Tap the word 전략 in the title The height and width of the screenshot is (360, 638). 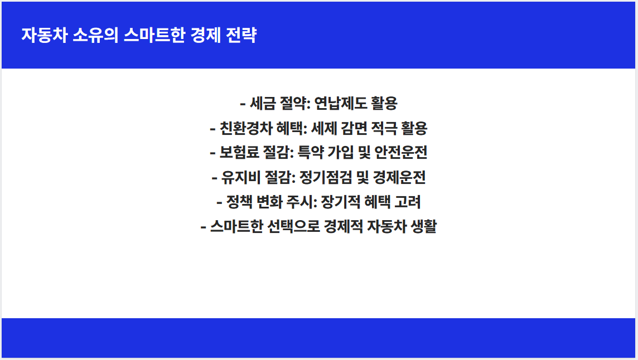pyautogui.click(x=242, y=35)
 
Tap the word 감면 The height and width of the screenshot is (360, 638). pyautogui.click(x=358, y=129)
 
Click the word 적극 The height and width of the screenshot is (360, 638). pyautogui.click(x=387, y=129)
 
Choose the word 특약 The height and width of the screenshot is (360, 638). pyautogui.click(x=313, y=153)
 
